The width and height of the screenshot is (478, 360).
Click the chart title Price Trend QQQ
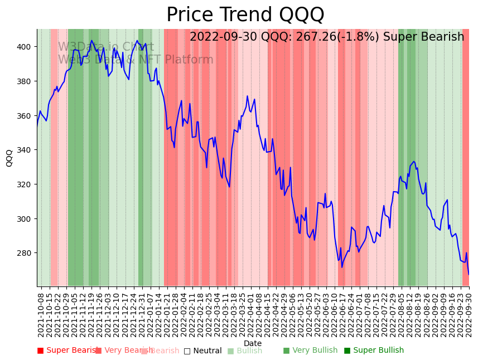(245, 15)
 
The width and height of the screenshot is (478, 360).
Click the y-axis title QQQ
(9, 158)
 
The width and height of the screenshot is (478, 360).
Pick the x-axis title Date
(253, 344)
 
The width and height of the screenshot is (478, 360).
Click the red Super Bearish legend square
(40, 351)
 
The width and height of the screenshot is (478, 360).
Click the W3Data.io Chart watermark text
(106, 47)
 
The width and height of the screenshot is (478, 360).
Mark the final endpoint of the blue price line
(469, 274)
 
